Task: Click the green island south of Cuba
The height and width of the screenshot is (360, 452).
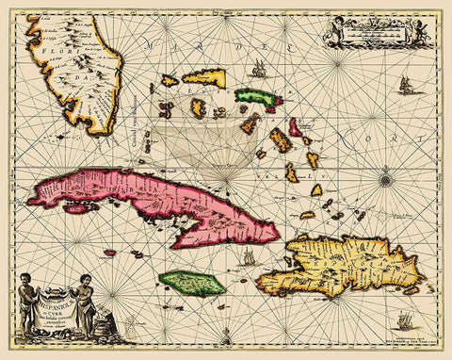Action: (x=192, y=281)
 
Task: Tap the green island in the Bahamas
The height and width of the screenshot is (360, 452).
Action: (x=252, y=96)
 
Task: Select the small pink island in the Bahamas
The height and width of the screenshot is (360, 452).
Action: (x=296, y=126)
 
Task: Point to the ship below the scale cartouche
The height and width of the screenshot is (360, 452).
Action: (x=405, y=87)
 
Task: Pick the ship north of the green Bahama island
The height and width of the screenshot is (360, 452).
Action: (x=257, y=68)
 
